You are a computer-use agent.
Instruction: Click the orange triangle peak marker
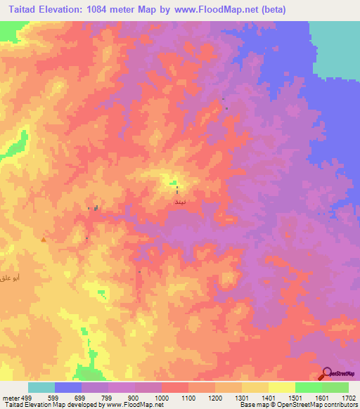pos(44,239)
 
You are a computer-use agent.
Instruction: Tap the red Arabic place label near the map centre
pos(178,201)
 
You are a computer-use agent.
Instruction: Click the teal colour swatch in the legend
pos(41,387)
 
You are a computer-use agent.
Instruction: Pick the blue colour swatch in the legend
pos(68,387)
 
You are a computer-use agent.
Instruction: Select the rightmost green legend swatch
pos(335,387)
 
